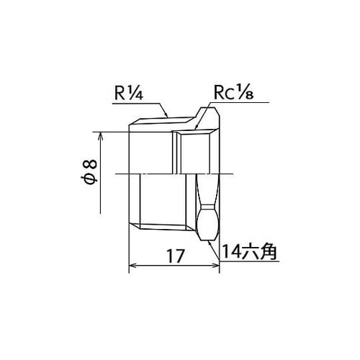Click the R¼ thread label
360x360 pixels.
click(x=129, y=93)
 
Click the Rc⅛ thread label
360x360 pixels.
click(x=233, y=93)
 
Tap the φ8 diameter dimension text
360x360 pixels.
click(x=89, y=171)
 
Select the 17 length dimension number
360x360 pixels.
click(x=176, y=256)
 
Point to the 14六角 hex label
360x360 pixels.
click(x=250, y=251)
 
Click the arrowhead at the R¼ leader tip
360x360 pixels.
click(x=166, y=114)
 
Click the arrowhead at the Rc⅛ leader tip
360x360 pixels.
click(x=197, y=127)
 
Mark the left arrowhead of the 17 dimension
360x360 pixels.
click(x=132, y=266)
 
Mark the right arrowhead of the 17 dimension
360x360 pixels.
click(x=216, y=266)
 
